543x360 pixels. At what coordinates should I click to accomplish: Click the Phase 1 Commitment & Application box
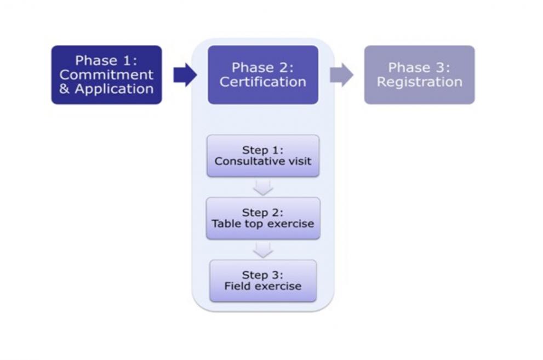(106, 75)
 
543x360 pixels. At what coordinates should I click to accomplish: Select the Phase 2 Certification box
(262, 75)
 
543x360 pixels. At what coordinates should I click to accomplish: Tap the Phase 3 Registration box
(419, 75)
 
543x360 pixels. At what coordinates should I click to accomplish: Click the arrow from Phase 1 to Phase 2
(185, 75)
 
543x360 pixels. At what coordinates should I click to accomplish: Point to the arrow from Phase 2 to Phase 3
(341, 75)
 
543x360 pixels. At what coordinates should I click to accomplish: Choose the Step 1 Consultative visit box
(262, 156)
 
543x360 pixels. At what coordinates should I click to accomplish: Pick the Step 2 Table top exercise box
(262, 218)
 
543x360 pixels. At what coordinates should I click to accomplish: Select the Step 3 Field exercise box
(262, 281)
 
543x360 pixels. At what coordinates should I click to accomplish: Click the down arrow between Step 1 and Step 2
(263, 187)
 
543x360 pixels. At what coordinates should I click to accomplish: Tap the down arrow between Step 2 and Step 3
(263, 250)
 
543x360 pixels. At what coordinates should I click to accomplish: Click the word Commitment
(106, 75)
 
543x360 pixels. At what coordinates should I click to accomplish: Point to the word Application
(114, 89)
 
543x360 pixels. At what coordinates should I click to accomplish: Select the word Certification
(262, 82)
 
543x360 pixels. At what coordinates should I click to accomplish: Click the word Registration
(419, 82)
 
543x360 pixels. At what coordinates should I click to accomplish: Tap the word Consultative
(239, 162)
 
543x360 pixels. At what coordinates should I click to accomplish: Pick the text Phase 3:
(419, 67)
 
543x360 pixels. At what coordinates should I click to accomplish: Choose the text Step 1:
(262, 150)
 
